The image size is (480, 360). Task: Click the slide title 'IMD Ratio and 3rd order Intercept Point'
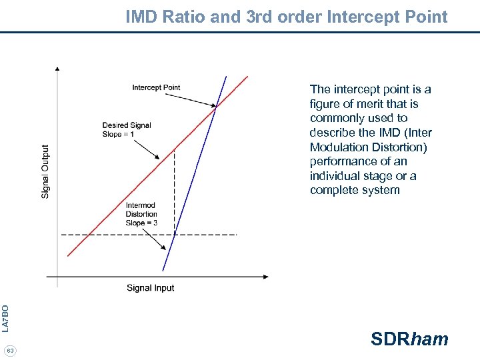click(287, 17)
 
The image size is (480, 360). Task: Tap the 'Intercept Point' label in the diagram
click(156, 87)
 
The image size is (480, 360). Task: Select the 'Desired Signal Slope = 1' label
click(127, 129)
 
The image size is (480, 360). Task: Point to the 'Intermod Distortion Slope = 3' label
click(141, 214)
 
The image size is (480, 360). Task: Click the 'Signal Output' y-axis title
click(45, 171)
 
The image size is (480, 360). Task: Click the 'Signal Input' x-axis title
click(150, 288)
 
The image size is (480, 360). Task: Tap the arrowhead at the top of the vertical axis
click(57, 69)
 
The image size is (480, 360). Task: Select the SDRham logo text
click(409, 339)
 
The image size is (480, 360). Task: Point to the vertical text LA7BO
click(5, 318)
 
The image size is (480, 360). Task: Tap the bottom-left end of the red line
click(68, 255)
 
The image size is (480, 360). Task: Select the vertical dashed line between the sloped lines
click(174, 193)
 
